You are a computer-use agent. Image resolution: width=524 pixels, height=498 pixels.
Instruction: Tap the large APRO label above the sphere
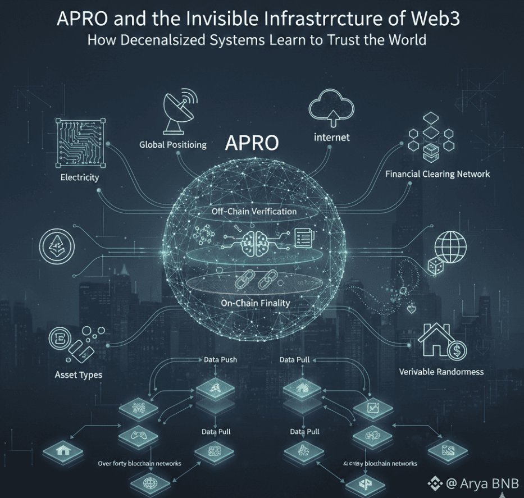click(252, 143)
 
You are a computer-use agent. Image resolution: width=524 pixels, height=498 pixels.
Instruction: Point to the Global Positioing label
click(173, 145)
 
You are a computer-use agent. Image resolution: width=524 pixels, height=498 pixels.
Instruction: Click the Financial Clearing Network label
click(438, 174)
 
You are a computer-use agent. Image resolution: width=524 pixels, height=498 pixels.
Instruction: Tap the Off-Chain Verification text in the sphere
click(254, 212)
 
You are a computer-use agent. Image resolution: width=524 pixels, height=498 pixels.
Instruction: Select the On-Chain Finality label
click(255, 303)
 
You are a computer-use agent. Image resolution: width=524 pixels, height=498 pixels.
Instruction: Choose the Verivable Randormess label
click(441, 372)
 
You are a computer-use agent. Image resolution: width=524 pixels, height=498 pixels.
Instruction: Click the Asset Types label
click(78, 374)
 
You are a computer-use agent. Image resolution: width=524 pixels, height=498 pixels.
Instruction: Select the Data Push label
click(220, 360)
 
